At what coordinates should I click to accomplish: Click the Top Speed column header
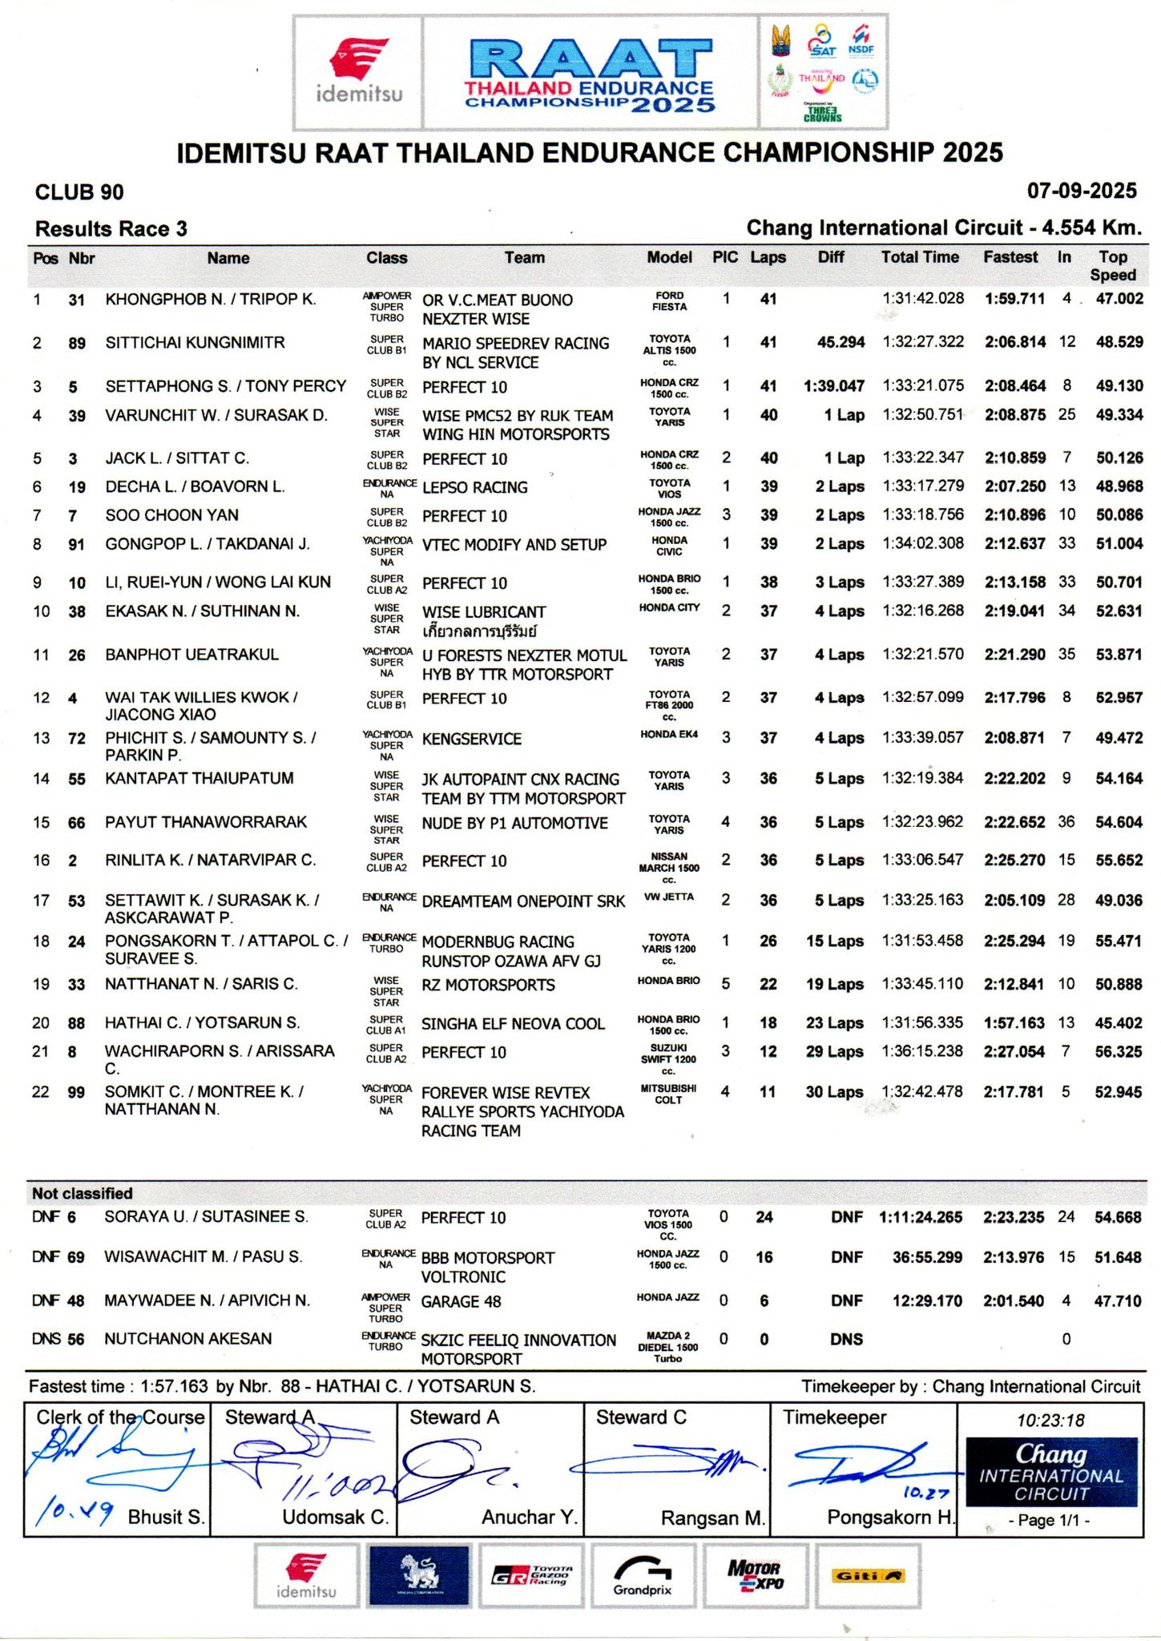(x=1112, y=265)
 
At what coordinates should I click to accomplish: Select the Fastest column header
(x=1010, y=257)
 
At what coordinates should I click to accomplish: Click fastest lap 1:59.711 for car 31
(x=1014, y=299)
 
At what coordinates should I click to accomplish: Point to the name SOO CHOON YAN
(x=171, y=515)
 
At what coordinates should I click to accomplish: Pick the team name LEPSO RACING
(x=474, y=487)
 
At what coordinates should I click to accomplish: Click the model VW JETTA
(x=667, y=897)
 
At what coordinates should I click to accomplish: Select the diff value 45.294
(x=841, y=342)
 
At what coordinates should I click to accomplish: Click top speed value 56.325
(x=1118, y=1051)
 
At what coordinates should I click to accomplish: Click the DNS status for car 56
(x=846, y=1339)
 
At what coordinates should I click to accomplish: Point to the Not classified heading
(x=82, y=1193)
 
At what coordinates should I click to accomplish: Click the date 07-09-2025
(x=1082, y=191)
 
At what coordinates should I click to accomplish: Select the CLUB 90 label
(x=79, y=192)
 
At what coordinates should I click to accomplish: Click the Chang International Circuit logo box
(x=1050, y=1471)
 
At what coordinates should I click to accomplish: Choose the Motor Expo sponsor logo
(x=753, y=1575)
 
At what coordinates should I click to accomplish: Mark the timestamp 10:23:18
(x=1050, y=1421)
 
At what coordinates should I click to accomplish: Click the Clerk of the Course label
(x=120, y=1417)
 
